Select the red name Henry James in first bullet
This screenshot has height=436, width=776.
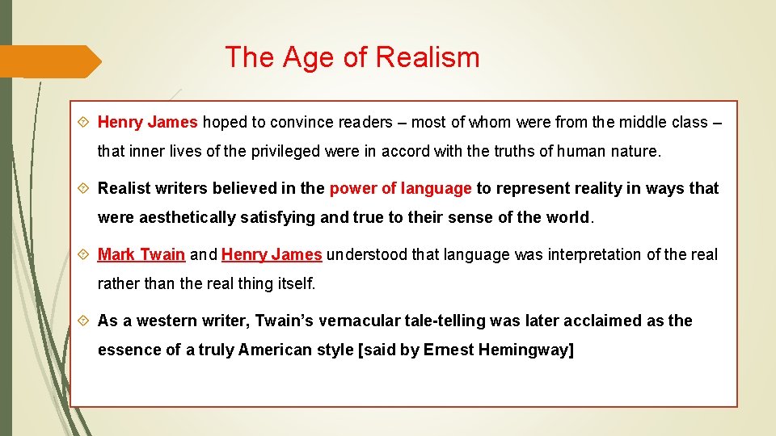[147, 122]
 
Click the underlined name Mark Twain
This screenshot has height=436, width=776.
[141, 254]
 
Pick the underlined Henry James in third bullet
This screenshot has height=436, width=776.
[272, 254]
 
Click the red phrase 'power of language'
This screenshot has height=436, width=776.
[400, 188]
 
